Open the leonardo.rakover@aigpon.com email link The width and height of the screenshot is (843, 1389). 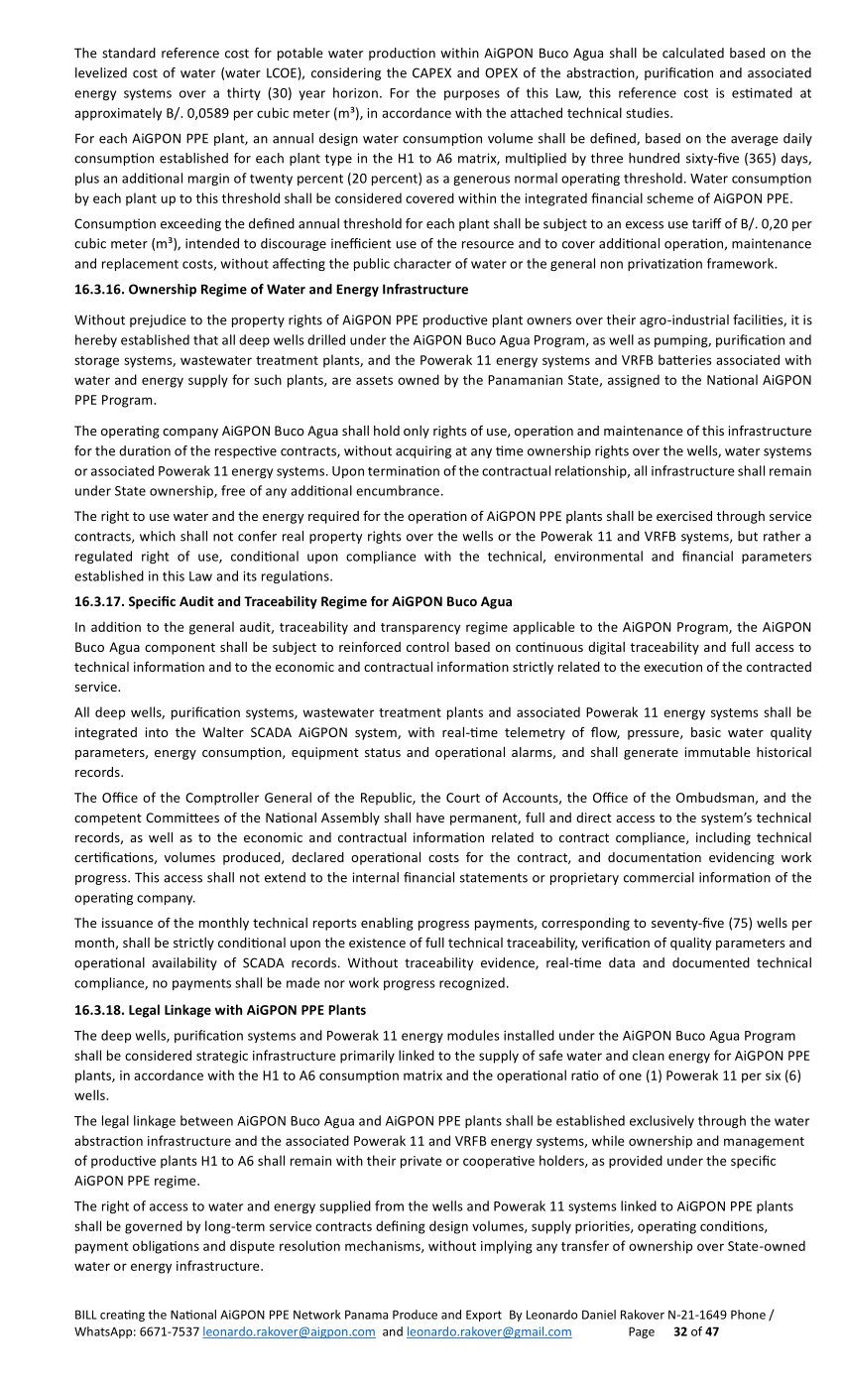click(x=289, y=1332)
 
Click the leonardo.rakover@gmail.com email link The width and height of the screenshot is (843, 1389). click(x=489, y=1332)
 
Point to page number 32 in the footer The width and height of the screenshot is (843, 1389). click(x=680, y=1332)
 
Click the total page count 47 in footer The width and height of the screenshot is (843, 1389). click(x=711, y=1332)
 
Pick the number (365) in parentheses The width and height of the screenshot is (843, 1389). click(x=741, y=159)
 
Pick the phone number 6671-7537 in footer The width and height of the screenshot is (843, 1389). click(x=170, y=1332)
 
